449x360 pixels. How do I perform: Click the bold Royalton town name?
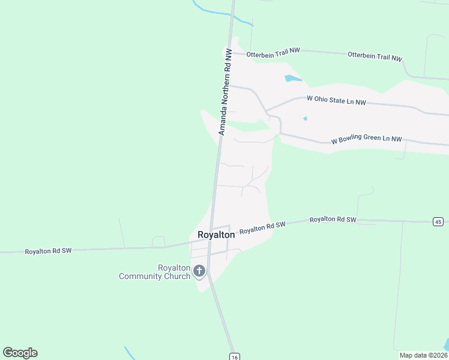(216, 235)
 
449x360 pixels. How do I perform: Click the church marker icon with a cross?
(199, 272)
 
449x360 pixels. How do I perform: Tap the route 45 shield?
(438, 221)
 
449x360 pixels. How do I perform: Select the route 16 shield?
(234, 356)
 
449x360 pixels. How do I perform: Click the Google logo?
(20, 353)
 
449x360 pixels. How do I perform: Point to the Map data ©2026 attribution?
(423, 355)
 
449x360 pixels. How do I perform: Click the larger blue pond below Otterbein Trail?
(292, 79)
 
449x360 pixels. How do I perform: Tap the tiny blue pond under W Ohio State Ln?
(305, 118)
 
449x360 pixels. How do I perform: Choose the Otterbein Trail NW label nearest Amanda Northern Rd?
(267, 52)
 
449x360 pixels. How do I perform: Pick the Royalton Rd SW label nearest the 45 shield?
(333, 220)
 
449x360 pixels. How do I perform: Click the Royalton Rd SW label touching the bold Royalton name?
(262, 228)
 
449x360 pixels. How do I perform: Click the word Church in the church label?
(177, 276)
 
